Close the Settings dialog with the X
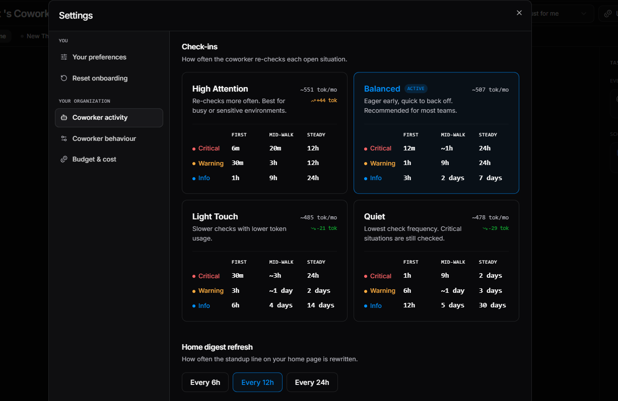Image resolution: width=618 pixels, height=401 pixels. coord(519,13)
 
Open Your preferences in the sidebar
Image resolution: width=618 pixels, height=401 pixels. coord(99,57)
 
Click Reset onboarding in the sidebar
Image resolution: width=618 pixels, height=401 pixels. coord(100,78)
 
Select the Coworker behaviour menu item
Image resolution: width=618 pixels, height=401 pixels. coord(104,139)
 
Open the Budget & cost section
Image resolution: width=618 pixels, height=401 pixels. coord(94,159)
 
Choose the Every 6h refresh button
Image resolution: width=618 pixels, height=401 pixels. coord(205,382)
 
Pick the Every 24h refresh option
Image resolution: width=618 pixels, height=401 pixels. coord(312,382)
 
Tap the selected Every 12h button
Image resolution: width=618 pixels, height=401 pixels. coord(257,382)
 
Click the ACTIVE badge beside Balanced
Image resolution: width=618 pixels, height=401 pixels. coord(416,89)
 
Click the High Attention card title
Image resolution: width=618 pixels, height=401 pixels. coord(220,89)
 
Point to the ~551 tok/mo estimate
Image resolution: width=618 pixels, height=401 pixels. coord(319,90)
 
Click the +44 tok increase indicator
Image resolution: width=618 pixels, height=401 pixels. coord(324,100)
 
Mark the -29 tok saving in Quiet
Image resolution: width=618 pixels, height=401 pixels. coord(496,228)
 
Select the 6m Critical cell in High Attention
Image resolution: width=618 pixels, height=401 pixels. coord(236,148)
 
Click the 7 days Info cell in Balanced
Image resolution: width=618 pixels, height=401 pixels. coord(490,178)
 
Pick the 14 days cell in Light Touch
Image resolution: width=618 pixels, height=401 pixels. coord(321,305)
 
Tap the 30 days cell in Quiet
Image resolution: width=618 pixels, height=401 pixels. coord(492,305)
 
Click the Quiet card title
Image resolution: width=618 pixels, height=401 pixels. coord(374,217)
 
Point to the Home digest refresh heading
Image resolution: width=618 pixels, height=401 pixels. coord(217,347)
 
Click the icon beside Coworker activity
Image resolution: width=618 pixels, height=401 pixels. coord(64,117)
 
